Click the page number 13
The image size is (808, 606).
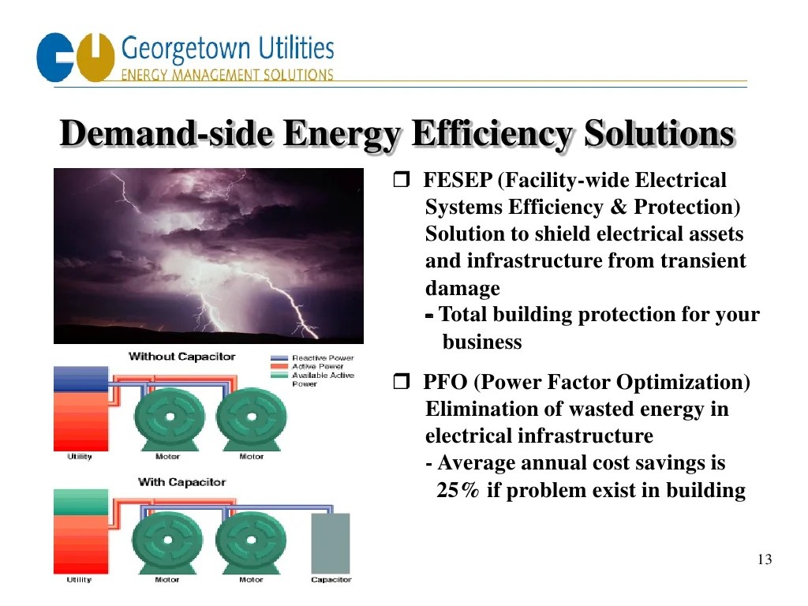[x=764, y=560]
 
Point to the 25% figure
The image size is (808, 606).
[x=458, y=491]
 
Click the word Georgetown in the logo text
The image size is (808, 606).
[x=187, y=49]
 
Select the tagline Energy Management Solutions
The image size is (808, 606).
[x=226, y=75]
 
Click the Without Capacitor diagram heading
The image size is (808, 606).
[x=181, y=357]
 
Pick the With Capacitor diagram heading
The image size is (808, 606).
[x=181, y=482]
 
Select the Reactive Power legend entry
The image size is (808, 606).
[x=322, y=358]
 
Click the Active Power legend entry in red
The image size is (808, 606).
[x=317, y=367]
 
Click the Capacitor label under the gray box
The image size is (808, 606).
[x=331, y=580]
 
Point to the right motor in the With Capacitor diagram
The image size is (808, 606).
[x=251, y=543]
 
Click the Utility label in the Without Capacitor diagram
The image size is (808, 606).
[x=79, y=457]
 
